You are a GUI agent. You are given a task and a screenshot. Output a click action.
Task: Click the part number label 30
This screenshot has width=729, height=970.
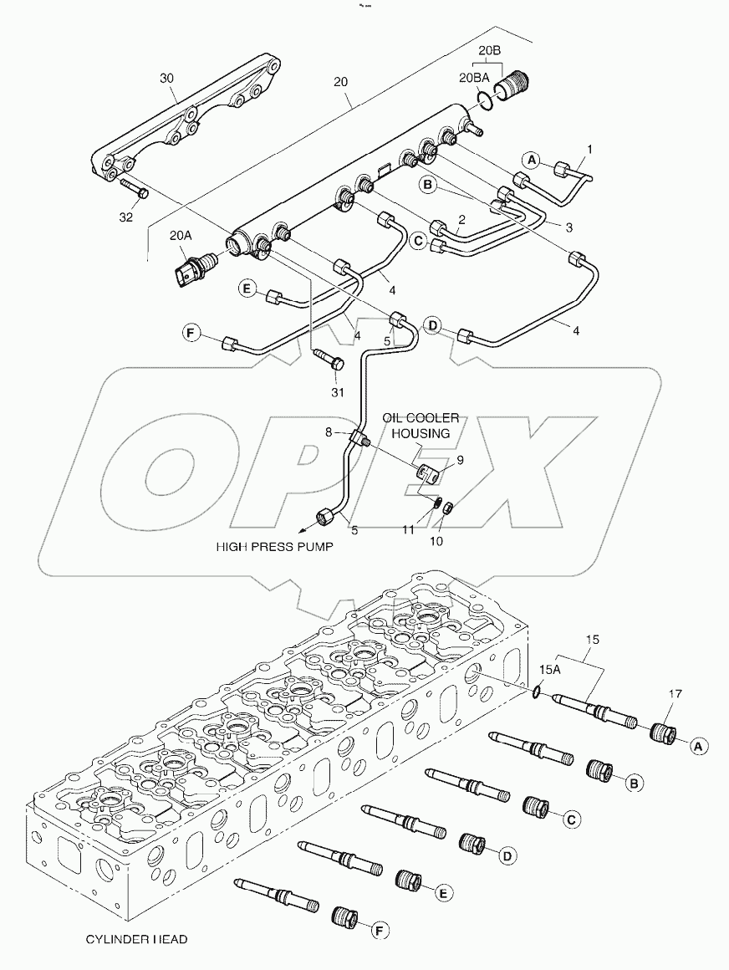click(166, 77)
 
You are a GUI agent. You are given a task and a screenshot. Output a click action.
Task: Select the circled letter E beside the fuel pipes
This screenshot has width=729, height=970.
click(247, 289)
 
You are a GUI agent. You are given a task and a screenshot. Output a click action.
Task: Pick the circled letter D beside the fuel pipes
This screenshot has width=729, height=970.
click(432, 324)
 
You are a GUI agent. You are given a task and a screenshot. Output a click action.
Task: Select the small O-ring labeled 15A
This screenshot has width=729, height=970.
click(535, 690)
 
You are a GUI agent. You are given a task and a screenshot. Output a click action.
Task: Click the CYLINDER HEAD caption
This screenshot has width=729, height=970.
click(135, 939)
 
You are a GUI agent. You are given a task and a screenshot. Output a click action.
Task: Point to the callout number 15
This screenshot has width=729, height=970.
click(593, 640)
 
